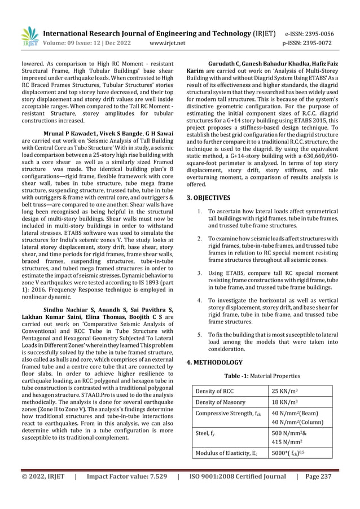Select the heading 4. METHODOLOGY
[214, 362]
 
